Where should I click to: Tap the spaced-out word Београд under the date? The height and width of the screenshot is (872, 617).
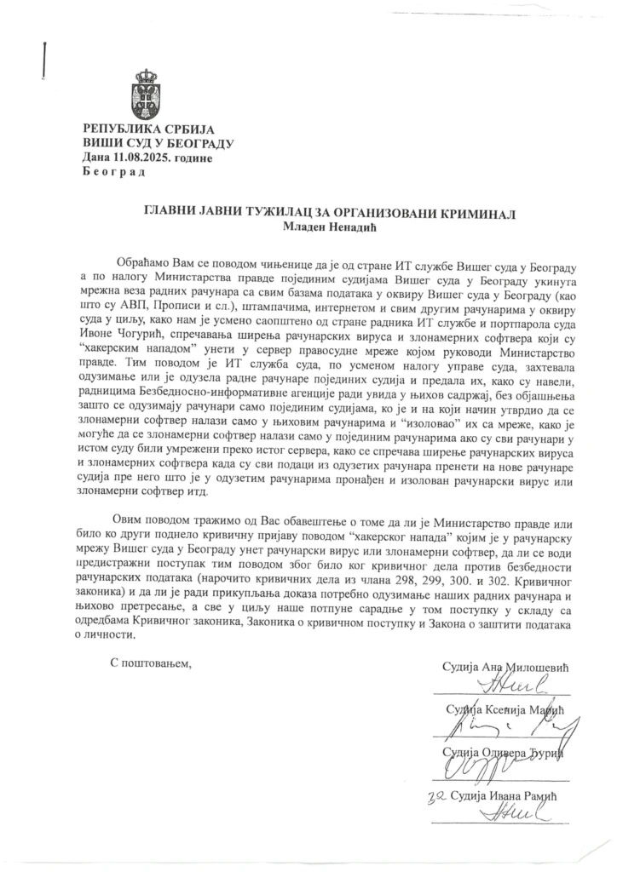coord(114,171)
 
